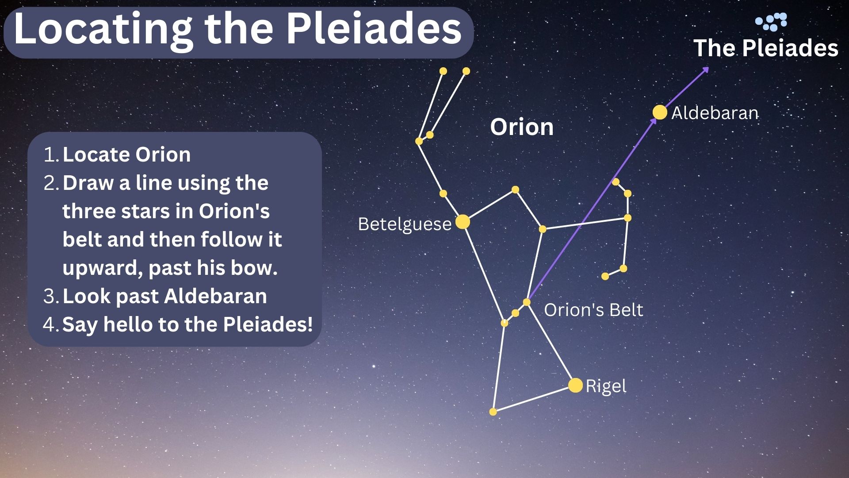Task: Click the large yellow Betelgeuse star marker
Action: (x=463, y=222)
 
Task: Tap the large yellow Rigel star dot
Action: (x=575, y=385)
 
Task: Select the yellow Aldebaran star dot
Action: (x=659, y=112)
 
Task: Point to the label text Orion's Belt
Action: (x=593, y=310)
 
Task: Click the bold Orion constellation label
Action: (x=522, y=127)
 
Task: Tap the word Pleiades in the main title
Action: (x=374, y=29)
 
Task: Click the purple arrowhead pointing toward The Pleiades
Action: (x=706, y=69)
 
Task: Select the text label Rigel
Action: (x=606, y=386)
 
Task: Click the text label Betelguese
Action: (x=405, y=224)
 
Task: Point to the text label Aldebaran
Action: (x=715, y=113)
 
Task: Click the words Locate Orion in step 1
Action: (x=126, y=154)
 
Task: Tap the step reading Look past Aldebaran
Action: (x=164, y=296)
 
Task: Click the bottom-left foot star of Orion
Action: (x=493, y=412)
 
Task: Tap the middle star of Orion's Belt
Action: (x=515, y=313)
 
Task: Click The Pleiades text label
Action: (x=765, y=48)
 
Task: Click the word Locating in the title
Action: (x=103, y=29)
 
